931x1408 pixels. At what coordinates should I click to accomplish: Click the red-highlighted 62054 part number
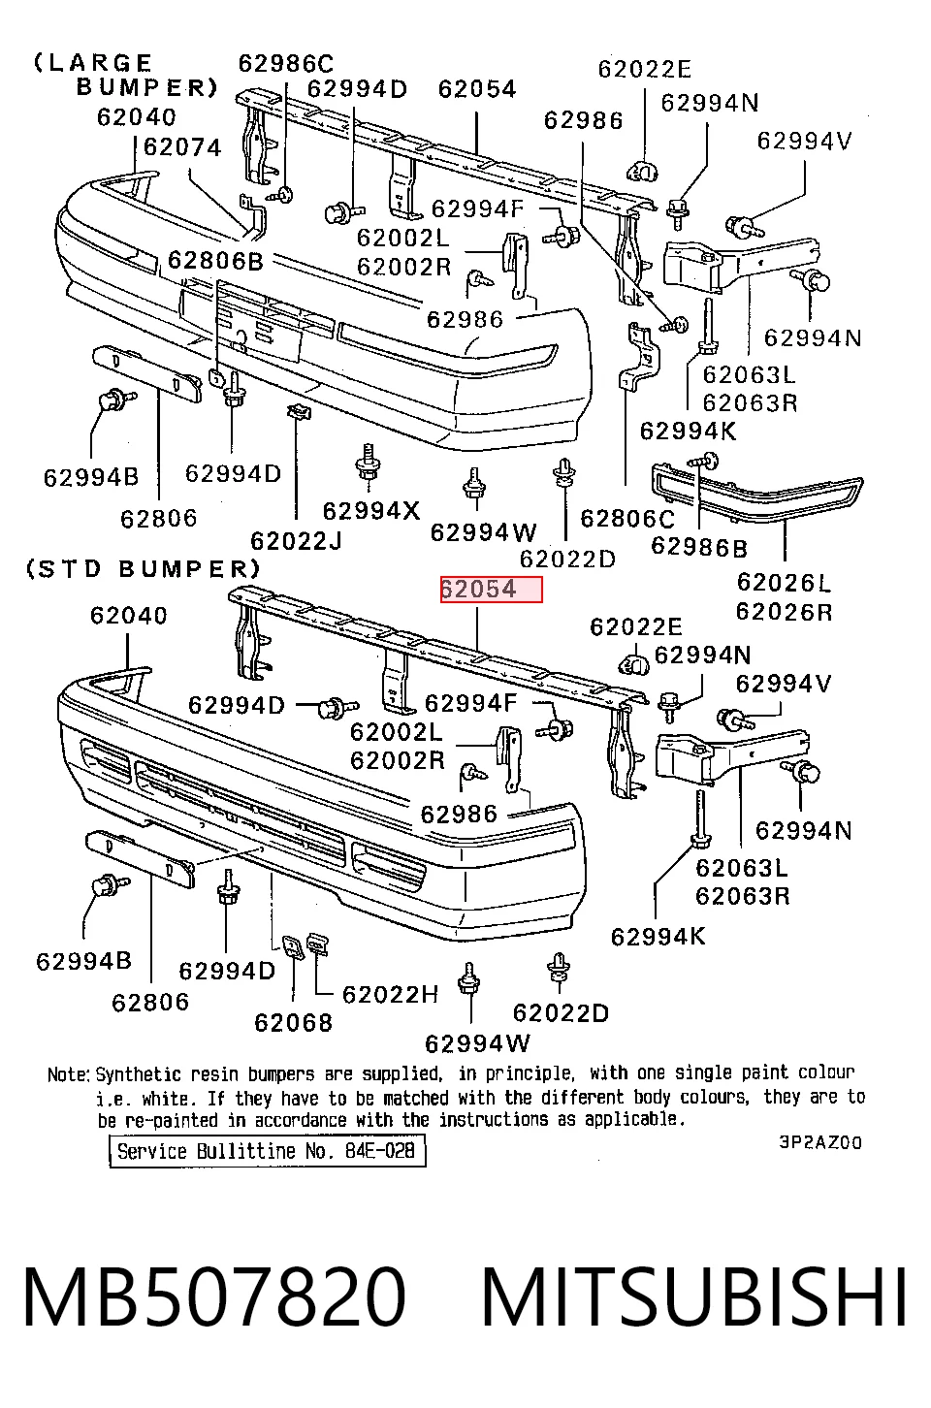pyautogui.click(x=478, y=589)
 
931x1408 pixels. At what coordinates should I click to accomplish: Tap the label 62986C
pyautogui.click(x=286, y=63)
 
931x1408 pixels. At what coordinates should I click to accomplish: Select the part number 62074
pyautogui.click(x=182, y=147)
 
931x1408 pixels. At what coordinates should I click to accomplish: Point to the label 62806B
pyautogui.click(x=215, y=260)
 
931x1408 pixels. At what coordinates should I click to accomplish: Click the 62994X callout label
pyautogui.click(x=370, y=511)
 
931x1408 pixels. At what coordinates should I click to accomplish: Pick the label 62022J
pyautogui.click(x=296, y=540)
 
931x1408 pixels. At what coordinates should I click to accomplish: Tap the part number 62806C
pyautogui.click(x=627, y=519)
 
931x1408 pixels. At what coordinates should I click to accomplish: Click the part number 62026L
pyautogui.click(x=784, y=584)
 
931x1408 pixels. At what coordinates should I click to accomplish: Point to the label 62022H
pyautogui.click(x=390, y=994)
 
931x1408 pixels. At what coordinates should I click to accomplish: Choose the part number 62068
pyautogui.click(x=293, y=1023)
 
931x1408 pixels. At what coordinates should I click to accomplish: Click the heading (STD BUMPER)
pyautogui.click(x=144, y=569)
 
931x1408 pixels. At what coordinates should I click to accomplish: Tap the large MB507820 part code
pyautogui.click(x=214, y=1298)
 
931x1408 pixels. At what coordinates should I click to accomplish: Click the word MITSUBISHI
pyautogui.click(x=694, y=1298)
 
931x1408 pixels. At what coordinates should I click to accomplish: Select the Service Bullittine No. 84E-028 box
pyautogui.click(x=267, y=1151)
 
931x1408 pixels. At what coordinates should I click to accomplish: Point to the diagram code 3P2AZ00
pyautogui.click(x=820, y=1142)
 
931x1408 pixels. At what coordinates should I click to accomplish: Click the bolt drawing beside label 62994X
pyautogui.click(x=368, y=465)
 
